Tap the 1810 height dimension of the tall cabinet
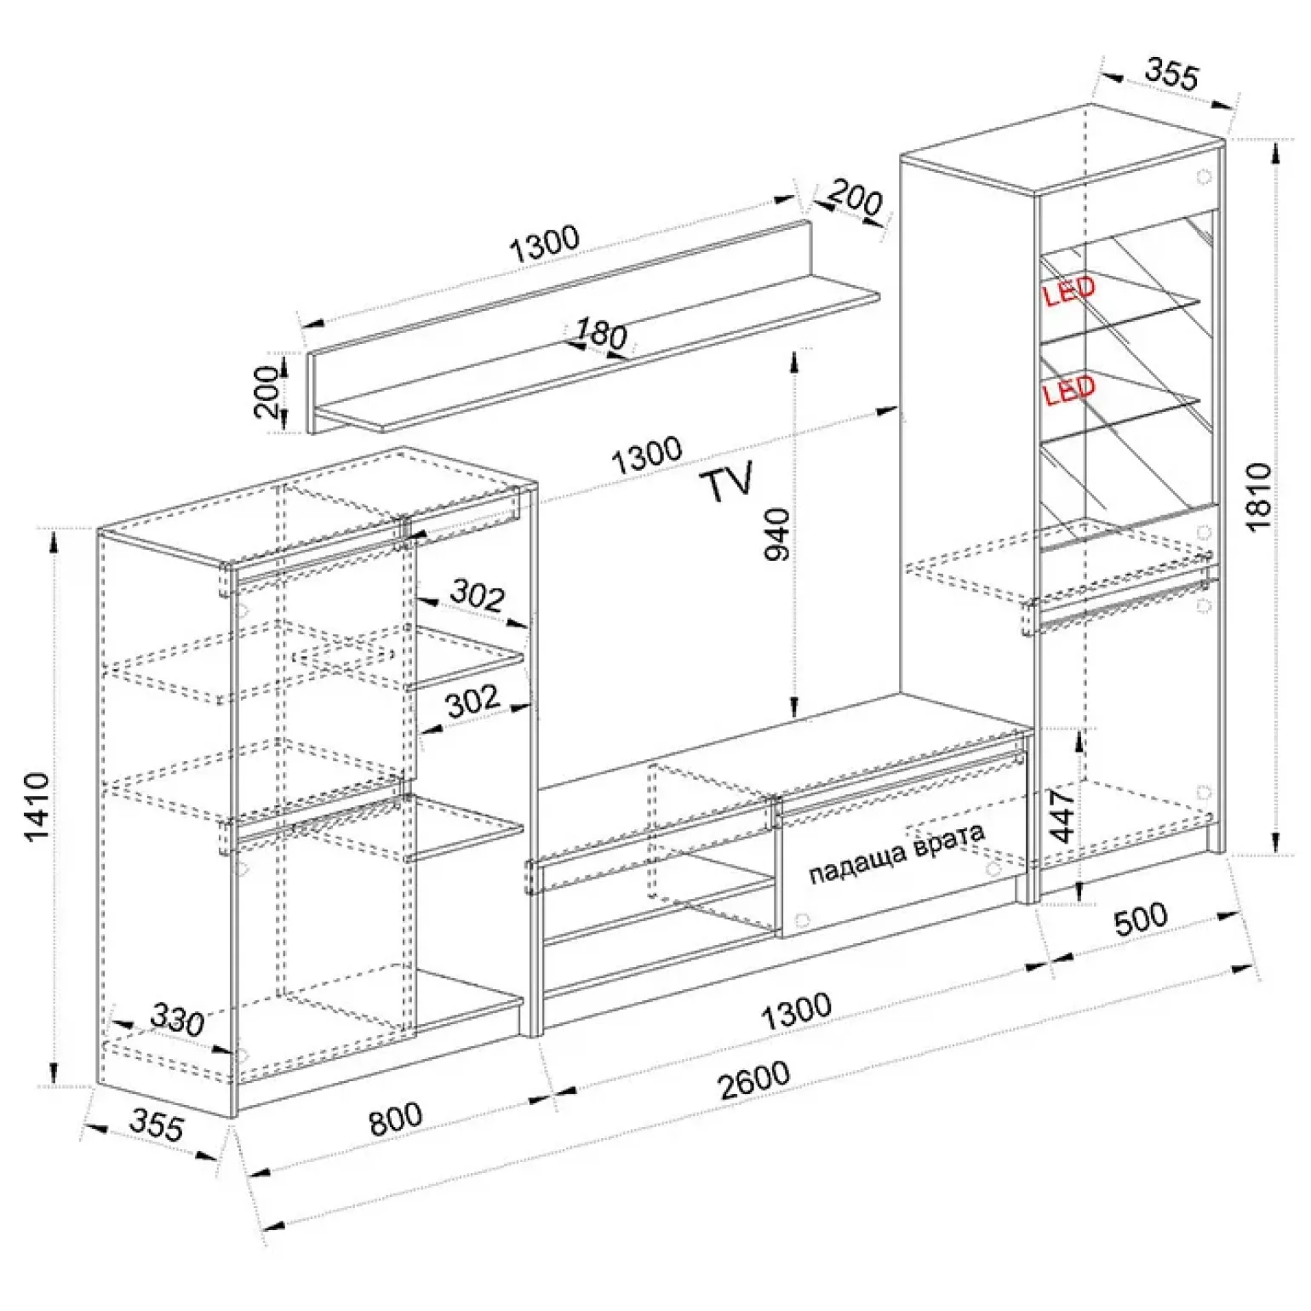(x=1258, y=497)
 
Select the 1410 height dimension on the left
(x=38, y=807)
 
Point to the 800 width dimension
(x=396, y=1119)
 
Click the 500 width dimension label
(x=1142, y=919)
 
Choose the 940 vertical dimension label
(x=777, y=534)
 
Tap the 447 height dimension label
(x=1062, y=814)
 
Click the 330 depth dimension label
(x=178, y=1019)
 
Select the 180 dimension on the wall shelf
(x=601, y=333)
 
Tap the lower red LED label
(x=1069, y=391)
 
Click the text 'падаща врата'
(x=896, y=853)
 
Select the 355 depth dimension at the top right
(x=1171, y=74)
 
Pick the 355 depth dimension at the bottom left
(x=157, y=1125)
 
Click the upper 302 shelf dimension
(x=478, y=594)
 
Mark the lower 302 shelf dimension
(x=472, y=701)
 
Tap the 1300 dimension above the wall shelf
(x=545, y=244)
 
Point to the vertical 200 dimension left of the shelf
(x=268, y=392)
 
